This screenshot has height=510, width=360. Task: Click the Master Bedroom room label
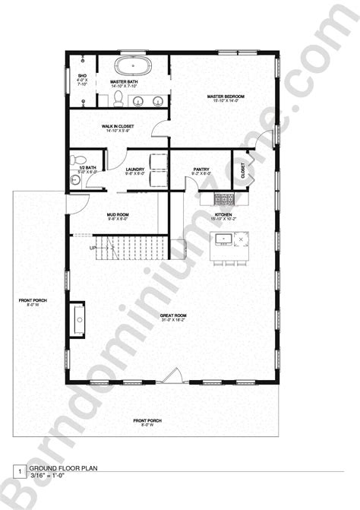pos(225,97)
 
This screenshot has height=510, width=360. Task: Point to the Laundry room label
pos(136,169)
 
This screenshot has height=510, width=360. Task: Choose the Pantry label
pos(201,169)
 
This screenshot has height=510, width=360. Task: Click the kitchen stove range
pos(224,200)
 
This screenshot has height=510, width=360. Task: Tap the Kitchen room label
pos(223,215)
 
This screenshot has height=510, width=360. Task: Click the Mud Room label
pos(118,215)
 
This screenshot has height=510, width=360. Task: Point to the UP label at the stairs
pos(93,248)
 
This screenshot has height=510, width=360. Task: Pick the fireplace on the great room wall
pos(77,318)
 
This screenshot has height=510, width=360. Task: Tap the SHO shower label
pos(82,76)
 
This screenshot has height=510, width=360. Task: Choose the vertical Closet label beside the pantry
pos(243,170)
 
